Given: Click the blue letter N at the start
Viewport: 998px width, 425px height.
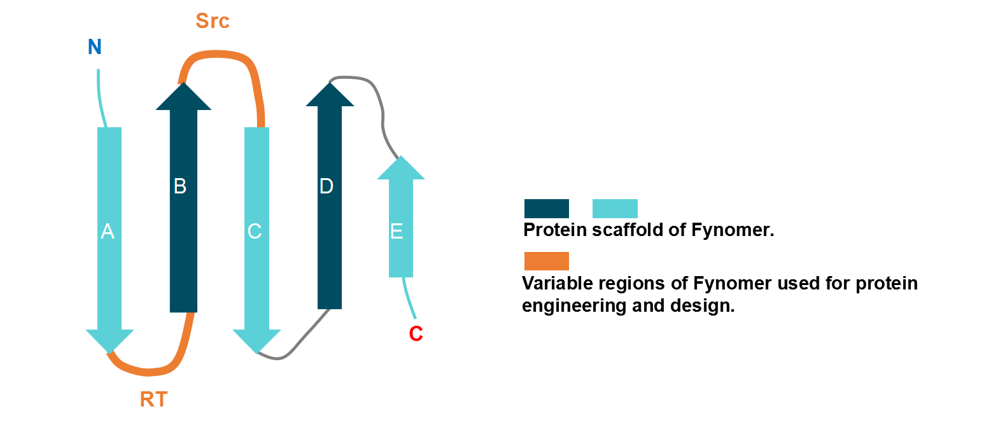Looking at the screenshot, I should point(95,47).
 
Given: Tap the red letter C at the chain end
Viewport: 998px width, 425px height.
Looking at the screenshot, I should point(416,333).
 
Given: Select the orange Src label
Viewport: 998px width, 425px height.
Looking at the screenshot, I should point(213,21).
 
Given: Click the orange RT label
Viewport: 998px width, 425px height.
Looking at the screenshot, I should point(153,400).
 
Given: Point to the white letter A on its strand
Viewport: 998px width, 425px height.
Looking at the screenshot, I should point(108,232).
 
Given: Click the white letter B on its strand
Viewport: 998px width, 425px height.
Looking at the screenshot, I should point(180,186).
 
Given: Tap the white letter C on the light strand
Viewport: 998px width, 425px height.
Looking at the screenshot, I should point(255,232).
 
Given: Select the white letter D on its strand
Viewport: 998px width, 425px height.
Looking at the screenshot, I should point(326,186).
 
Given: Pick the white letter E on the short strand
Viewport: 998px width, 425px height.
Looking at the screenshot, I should point(397,232).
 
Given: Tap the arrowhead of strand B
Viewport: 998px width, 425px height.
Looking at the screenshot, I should point(183,98).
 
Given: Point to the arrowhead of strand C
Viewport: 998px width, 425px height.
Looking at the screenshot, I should point(257,340).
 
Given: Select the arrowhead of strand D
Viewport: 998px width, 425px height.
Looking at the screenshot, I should point(330,95).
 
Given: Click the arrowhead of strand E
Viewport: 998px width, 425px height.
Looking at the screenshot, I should point(401,169).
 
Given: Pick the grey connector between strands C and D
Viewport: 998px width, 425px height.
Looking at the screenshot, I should point(293,347).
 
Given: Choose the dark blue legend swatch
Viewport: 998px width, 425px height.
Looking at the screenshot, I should point(546,209).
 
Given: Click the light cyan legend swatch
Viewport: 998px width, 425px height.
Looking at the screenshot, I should point(615,209).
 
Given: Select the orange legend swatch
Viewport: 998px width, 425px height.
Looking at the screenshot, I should point(546,261).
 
